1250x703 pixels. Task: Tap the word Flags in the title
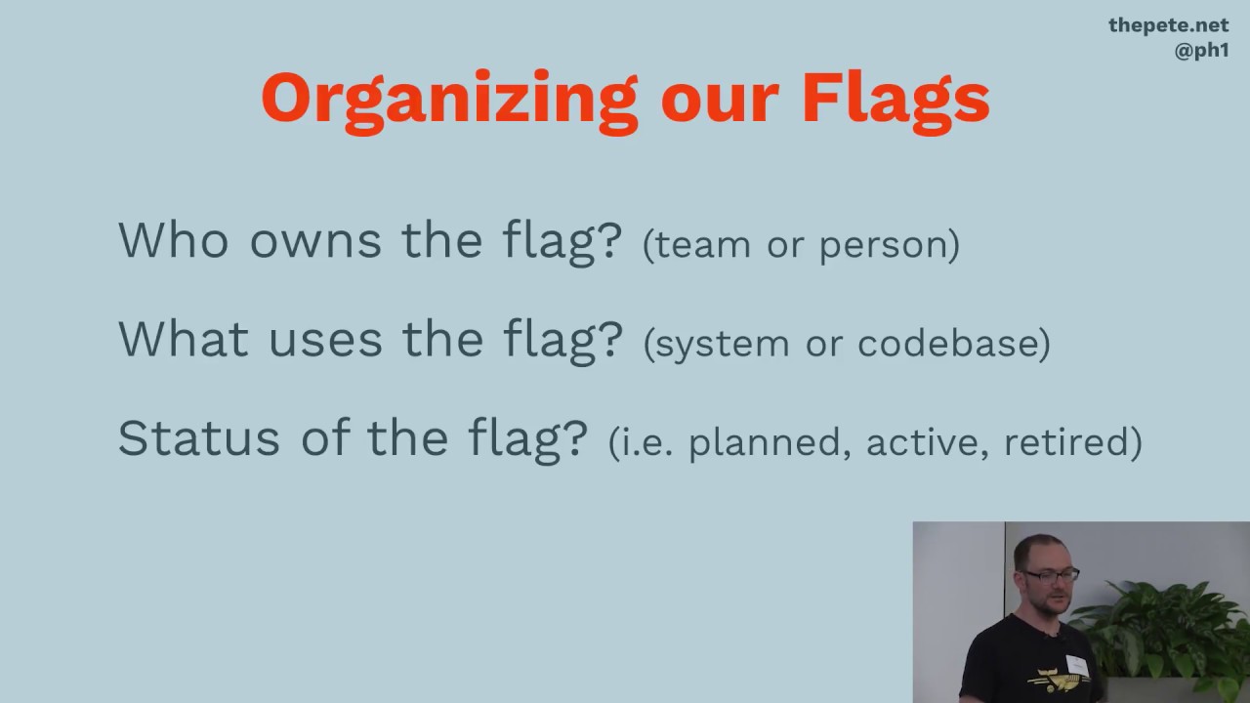[895, 100]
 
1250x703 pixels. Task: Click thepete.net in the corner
[1168, 25]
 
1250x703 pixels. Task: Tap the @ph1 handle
[1201, 51]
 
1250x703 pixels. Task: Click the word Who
[175, 239]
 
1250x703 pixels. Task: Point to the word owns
[314, 241]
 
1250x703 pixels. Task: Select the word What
[183, 338]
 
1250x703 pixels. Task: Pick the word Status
[200, 437]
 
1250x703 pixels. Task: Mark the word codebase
[952, 343]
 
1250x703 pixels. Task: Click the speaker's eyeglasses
[1052, 575]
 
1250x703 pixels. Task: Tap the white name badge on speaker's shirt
[1075, 664]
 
